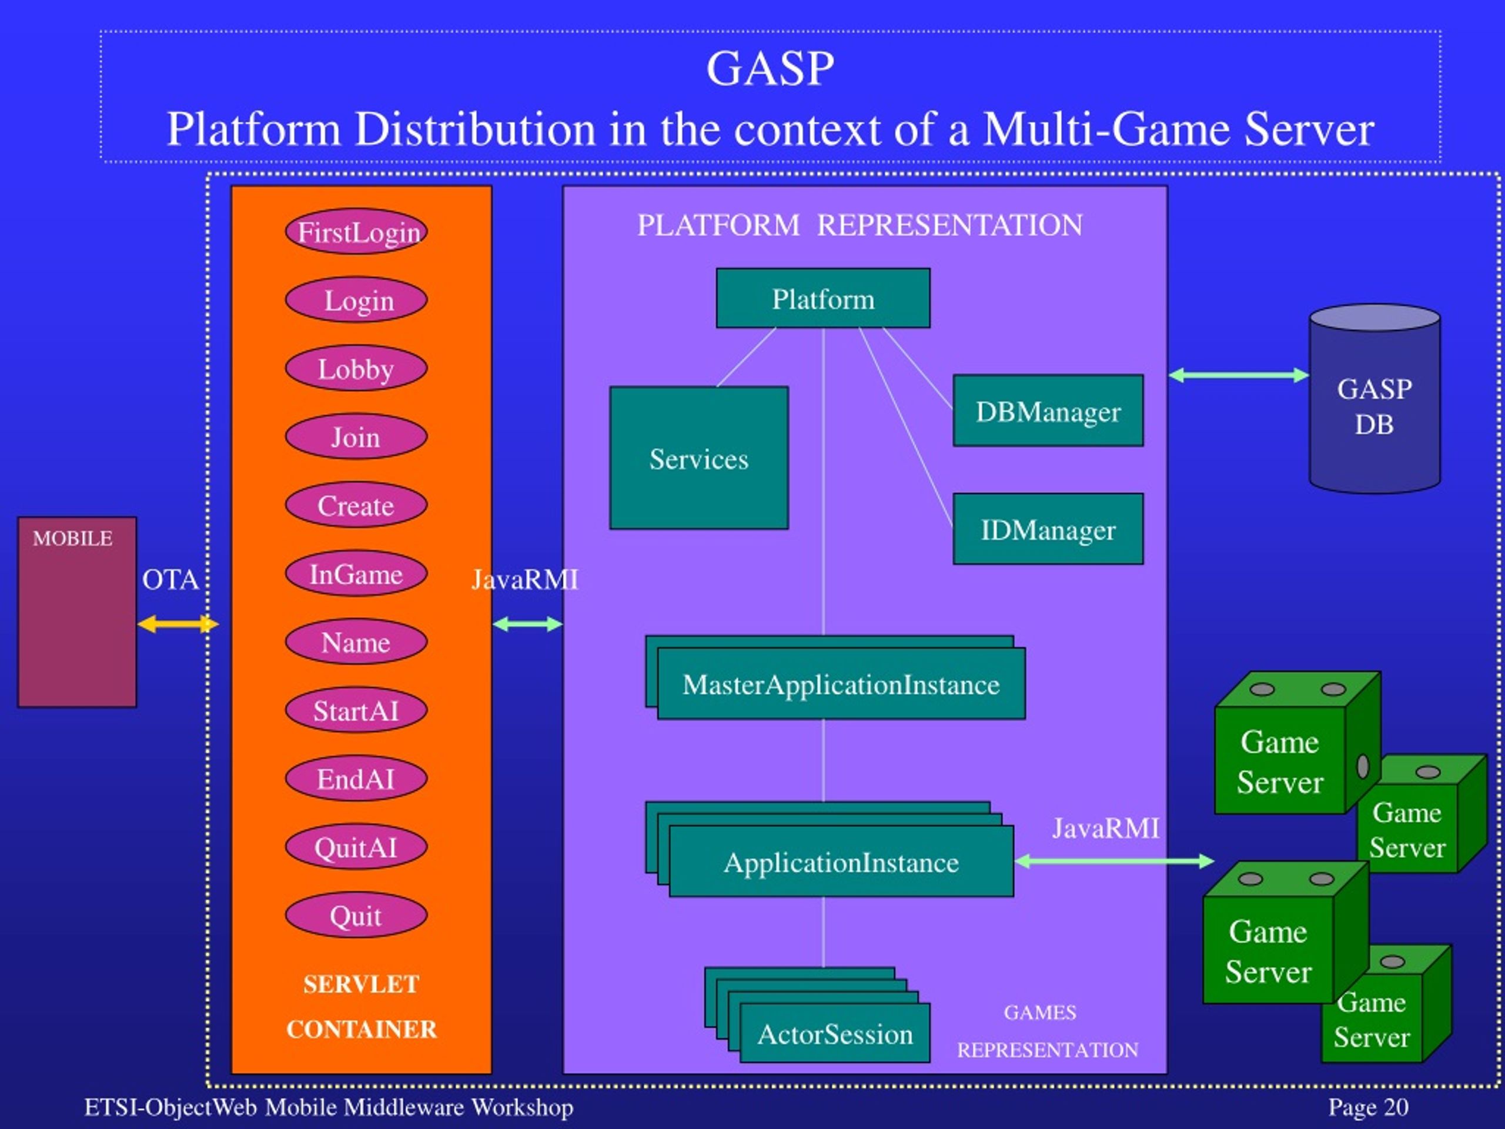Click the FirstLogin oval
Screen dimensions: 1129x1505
coord(356,232)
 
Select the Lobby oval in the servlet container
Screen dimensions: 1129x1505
coord(356,369)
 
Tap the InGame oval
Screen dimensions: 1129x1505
coord(356,574)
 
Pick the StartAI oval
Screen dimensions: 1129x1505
coord(356,710)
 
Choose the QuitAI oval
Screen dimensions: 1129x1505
coord(356,847)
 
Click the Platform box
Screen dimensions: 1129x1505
coord(822,299)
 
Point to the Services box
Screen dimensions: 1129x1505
coord(699,458)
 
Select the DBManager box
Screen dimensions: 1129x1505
coord(1048,411)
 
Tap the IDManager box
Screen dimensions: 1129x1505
coord(1048,529)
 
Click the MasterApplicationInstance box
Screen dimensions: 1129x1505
coord(841,684)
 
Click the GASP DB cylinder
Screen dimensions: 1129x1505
coord(1374,406)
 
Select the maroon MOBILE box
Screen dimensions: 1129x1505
coord(77,613)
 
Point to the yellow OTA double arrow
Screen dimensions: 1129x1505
coord(177,624)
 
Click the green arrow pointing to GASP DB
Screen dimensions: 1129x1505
coord(1238,375)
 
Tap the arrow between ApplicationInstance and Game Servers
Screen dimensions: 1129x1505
coord(1114,861)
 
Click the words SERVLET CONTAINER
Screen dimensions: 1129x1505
coord(362,1007)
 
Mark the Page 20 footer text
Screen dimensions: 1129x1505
coord(1368,1107)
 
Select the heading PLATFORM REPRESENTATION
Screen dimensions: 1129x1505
coord(859,225)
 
